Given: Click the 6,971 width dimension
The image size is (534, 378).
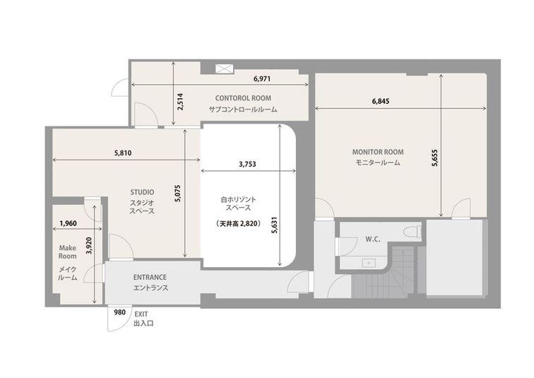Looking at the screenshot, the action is coord(262,78).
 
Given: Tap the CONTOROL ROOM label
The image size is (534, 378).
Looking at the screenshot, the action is coord(243,98).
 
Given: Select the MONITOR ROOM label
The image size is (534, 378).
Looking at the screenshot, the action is coord(378,152).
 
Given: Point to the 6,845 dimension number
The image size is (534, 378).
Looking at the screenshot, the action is coord(381,101).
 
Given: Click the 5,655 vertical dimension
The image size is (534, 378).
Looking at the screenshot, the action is coord(434,158).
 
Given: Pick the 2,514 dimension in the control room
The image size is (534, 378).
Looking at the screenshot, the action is coord(181,102).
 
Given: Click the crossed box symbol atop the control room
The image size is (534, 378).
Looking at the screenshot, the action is coord(225,69).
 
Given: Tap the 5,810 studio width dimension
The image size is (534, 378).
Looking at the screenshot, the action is coord(123,153).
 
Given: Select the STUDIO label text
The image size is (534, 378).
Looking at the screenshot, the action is coord(142,192).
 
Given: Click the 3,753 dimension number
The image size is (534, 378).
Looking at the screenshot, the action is coord(247,164).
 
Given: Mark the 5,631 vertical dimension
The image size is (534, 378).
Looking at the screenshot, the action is coord(275,225).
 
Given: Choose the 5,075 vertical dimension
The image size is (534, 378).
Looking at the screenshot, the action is coord(178,193).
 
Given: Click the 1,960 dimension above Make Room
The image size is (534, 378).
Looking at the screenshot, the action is coord(68,223).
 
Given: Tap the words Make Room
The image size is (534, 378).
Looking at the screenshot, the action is coord(67,252).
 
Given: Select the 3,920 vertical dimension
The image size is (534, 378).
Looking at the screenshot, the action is coord(89,246).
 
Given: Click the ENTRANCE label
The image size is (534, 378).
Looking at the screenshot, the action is coord(150,277).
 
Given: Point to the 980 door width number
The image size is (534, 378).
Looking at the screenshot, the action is coord(119,312).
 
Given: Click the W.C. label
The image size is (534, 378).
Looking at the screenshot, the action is coord(373,240).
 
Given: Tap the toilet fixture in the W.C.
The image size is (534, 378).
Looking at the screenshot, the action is coord(412,232).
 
